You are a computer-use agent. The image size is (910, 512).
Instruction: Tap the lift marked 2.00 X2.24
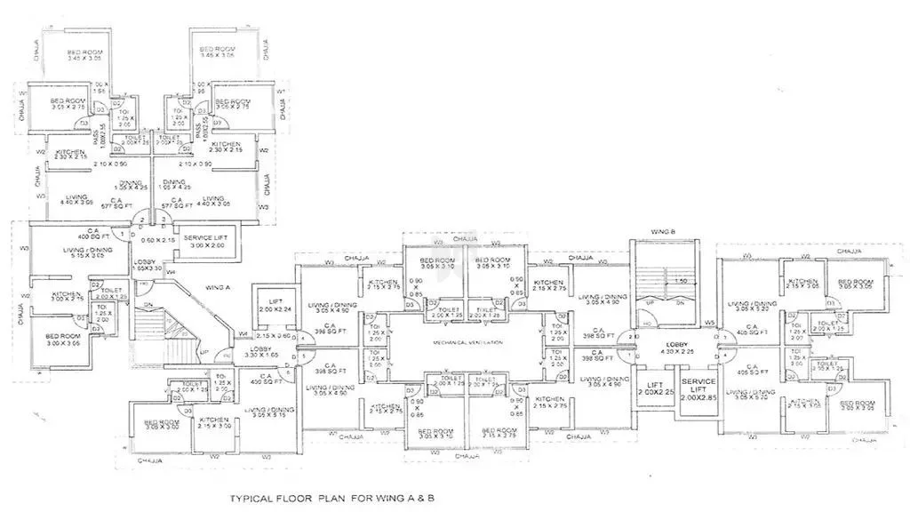pyautogui.click(x=273, y=307)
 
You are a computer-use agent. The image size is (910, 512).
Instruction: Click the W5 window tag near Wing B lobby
pyautogui.click(x=709, y=321)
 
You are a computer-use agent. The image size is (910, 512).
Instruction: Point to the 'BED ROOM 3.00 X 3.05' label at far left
pyautogui.click(x=64, y=340)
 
